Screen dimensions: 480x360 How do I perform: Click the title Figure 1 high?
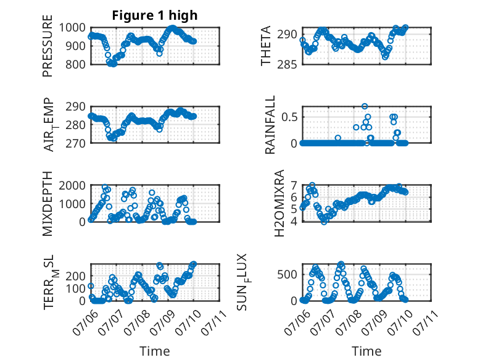155,15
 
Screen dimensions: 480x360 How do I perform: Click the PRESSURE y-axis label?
48,46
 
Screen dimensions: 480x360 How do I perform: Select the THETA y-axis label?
266,46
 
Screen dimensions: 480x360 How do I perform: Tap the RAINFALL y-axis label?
270,125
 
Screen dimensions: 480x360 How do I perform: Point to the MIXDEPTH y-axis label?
48,204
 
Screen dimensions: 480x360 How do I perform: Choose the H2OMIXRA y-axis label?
279,203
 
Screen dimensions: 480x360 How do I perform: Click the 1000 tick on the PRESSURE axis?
72,28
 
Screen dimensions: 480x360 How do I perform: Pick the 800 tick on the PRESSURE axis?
75,65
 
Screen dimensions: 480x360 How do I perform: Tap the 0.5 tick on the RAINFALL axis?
289,117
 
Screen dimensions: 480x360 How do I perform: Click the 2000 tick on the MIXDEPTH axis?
72,185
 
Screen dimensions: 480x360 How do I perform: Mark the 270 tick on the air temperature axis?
75,143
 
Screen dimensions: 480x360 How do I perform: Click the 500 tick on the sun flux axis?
288,275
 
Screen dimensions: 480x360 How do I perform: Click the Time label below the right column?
366,351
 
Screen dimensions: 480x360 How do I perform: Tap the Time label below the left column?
155,351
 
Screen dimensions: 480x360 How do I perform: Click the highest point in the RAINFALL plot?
364,107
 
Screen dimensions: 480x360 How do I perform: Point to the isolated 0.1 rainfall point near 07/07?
337,138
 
